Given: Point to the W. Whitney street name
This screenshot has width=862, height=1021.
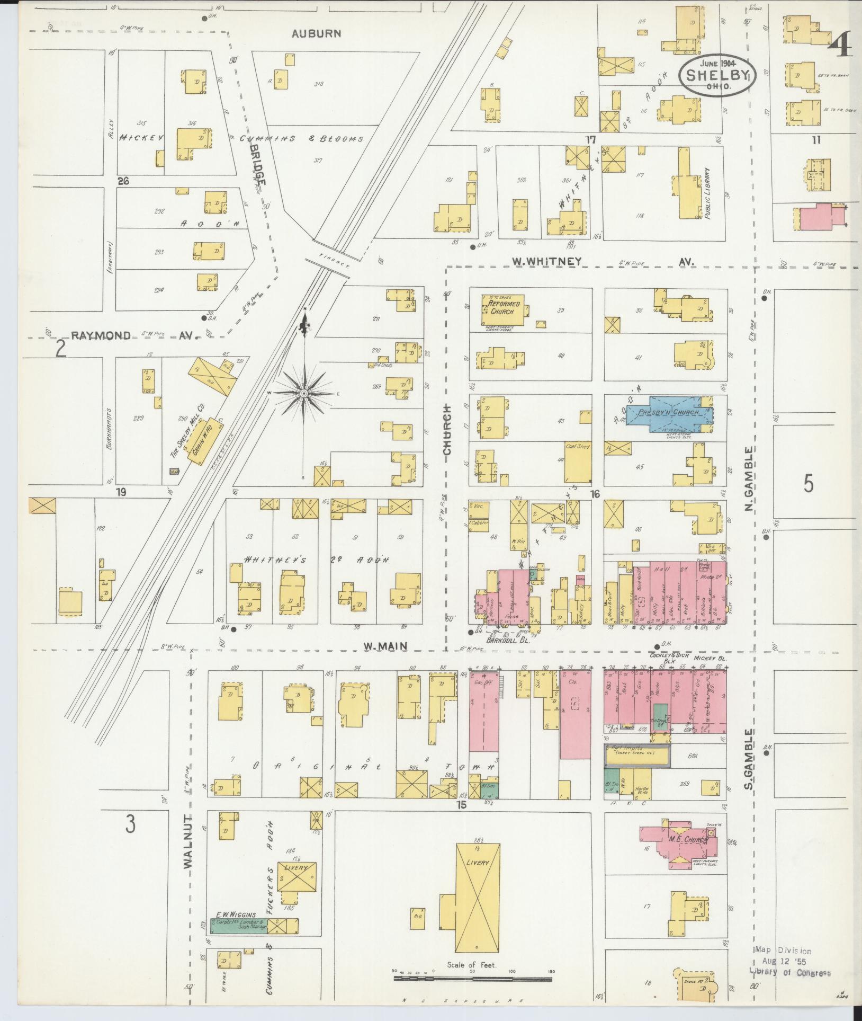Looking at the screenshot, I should [546, 261].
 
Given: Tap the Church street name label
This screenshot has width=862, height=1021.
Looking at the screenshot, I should [447, 430].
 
